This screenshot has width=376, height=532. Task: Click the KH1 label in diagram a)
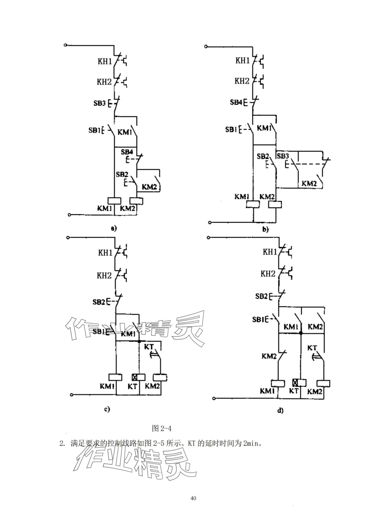105,62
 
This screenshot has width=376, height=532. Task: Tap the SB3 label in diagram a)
99,103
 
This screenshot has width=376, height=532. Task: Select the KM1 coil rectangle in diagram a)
114,201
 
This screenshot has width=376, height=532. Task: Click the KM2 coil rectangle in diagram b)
275,204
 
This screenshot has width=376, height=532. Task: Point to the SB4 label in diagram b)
236,102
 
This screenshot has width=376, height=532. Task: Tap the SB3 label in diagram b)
283,156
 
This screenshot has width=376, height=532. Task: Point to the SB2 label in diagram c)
99,302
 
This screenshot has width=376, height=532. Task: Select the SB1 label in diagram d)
258,319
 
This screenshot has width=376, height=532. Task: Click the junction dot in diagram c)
139,341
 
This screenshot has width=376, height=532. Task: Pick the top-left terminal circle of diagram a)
65,45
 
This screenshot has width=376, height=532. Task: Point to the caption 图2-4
162,429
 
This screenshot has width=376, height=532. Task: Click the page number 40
193,498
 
